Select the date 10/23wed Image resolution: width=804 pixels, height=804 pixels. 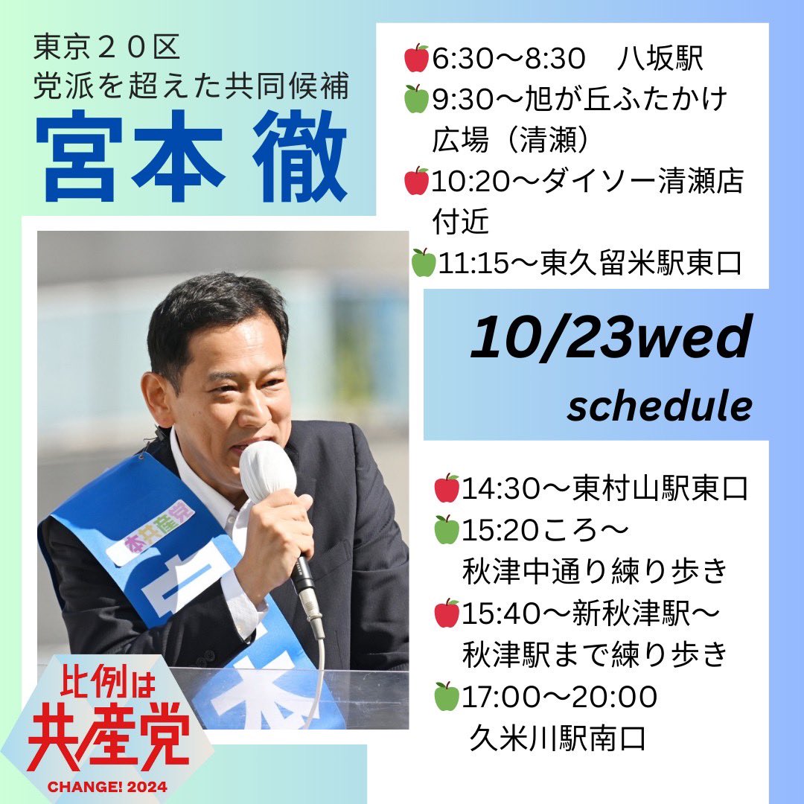point(610,339)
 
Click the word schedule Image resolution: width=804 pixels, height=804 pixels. point(659,406)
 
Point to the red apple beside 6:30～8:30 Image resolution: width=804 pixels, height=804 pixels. point(416,58)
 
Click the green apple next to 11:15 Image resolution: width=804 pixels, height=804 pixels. point(423,264)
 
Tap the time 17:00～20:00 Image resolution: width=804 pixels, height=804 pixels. point(559,698)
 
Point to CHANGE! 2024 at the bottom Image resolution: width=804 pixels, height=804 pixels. point(109,786)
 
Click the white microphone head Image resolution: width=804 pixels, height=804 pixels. point(267,472)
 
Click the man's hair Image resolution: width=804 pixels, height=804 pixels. point(216,313)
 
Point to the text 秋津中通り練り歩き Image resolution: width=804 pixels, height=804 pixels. point(593,572)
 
